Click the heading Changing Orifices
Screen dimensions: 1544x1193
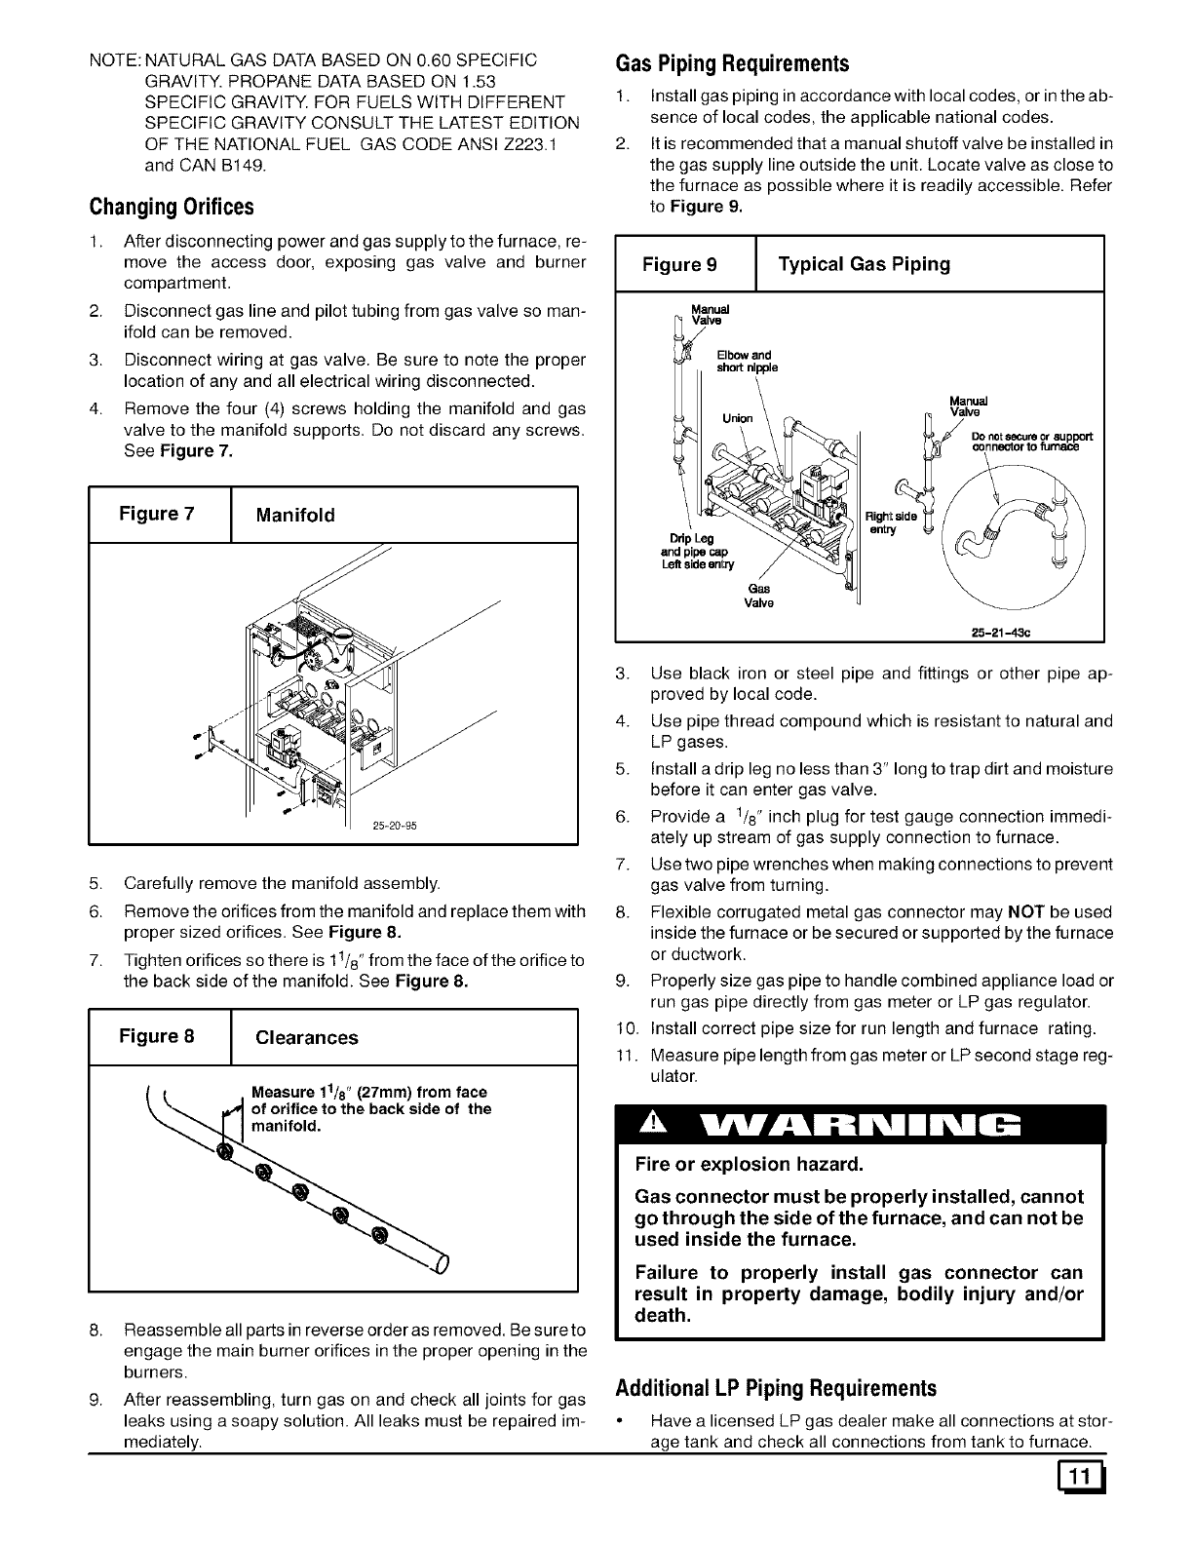coord(172,208)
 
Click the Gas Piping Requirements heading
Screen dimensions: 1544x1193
coord(733,64)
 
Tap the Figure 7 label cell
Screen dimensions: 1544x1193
coord(158,514)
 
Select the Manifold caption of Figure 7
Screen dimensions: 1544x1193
coord(294,515)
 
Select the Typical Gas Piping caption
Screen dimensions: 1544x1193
coord(863,264)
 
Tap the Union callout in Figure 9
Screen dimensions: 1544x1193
coord(737,418)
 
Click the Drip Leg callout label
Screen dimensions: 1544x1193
coord(691,538)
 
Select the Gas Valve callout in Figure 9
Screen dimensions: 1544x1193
coord(758,596)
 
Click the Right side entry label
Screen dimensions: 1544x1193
coord(890,522)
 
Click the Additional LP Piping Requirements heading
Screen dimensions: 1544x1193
coord(776,1388)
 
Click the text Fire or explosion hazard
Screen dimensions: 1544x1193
coord(749,1164)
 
